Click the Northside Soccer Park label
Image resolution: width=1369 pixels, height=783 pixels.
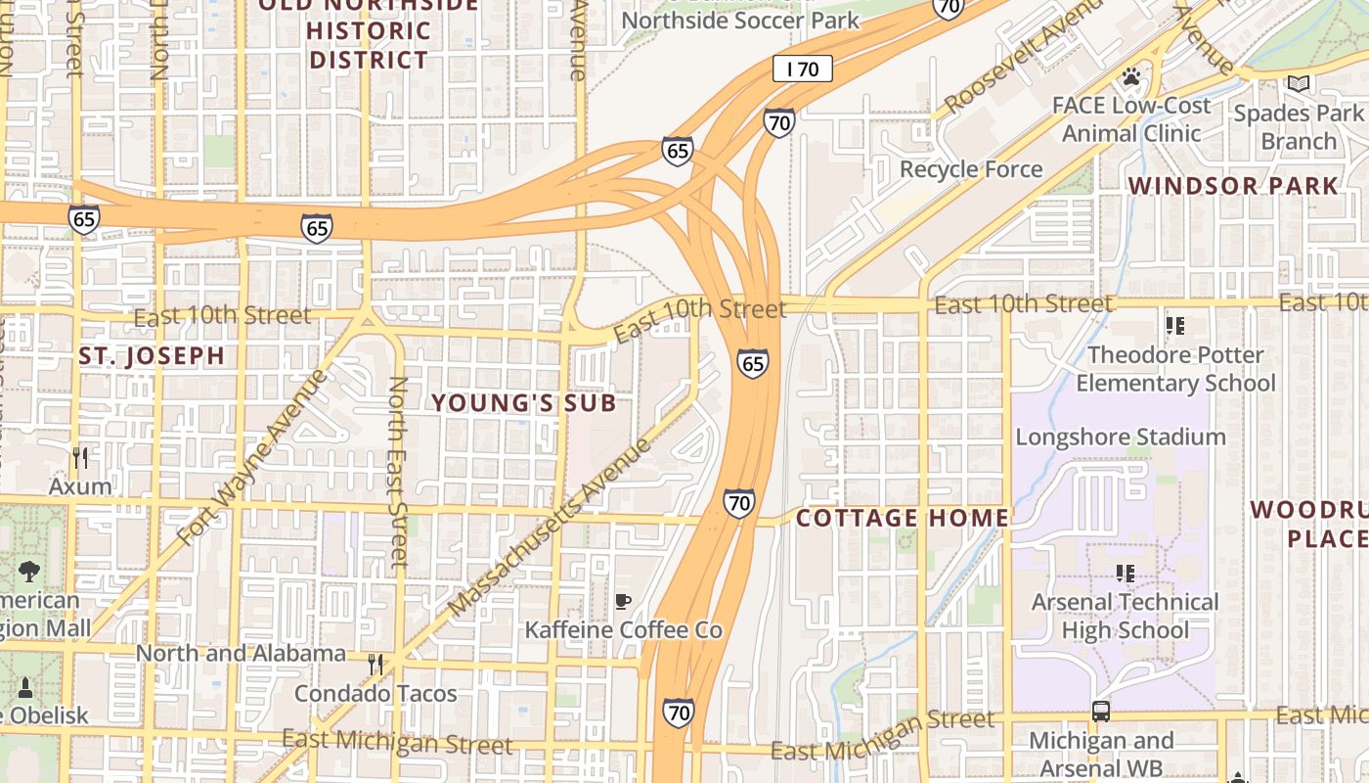click(740, 20)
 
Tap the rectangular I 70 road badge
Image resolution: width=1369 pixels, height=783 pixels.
click(802, 69)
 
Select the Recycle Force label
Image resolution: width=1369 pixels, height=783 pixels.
click(971, 169)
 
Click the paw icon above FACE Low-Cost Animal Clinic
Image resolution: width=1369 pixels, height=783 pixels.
click(1131, 76)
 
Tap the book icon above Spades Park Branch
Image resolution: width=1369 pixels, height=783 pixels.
click(1298, 85)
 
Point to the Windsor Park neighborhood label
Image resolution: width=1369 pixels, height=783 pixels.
click(1233, 186)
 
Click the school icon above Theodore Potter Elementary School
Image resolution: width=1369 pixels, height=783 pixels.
click(1174, 326)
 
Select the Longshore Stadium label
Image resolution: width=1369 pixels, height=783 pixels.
click(1121, 437)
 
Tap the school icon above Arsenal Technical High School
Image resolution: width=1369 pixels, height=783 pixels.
click(1126, 574)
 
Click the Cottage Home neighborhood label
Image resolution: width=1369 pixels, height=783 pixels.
click(902, 518)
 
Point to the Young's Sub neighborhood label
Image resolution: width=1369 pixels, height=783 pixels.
click(524, 402)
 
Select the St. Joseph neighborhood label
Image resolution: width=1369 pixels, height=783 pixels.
click(152, 355)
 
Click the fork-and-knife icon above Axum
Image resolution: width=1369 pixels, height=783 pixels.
click(80, 457)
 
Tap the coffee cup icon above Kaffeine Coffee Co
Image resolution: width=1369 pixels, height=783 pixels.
click(623, 601)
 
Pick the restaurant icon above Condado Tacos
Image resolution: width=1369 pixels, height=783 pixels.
click(375, 665)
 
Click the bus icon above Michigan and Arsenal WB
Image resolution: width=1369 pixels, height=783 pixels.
click(1101, 712)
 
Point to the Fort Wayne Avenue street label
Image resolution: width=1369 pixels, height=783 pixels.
click(252, 458)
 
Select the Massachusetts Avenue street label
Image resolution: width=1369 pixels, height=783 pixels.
click(551, 529)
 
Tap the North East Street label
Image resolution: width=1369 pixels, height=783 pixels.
click(397, 472)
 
